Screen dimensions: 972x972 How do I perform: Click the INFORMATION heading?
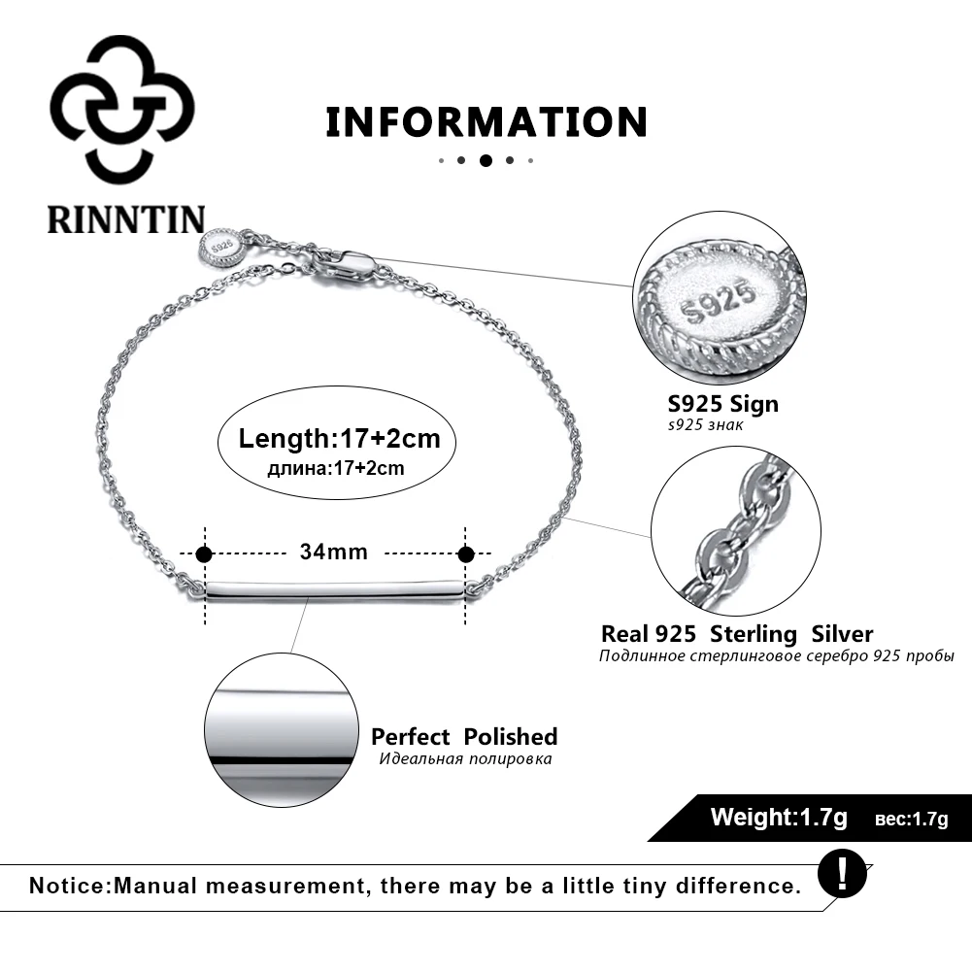pos(486,122)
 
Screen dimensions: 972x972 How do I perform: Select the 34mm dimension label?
pos(334,553)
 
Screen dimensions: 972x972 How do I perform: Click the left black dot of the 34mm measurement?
pos(204,554)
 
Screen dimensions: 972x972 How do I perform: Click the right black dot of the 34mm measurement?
pos(466,554)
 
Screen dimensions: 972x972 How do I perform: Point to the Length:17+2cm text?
pos(339,438)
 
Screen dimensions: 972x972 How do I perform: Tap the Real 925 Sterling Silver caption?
pos(737,634)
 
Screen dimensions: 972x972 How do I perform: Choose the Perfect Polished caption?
pos(464,736)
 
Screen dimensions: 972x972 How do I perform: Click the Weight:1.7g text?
pos(779,817)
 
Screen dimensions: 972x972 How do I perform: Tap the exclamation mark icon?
pos(843,873)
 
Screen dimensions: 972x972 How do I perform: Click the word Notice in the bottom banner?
pos(71,886)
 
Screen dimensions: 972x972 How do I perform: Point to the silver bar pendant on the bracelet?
pos(334,587)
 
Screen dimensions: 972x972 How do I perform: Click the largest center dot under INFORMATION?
pos(486,160)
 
